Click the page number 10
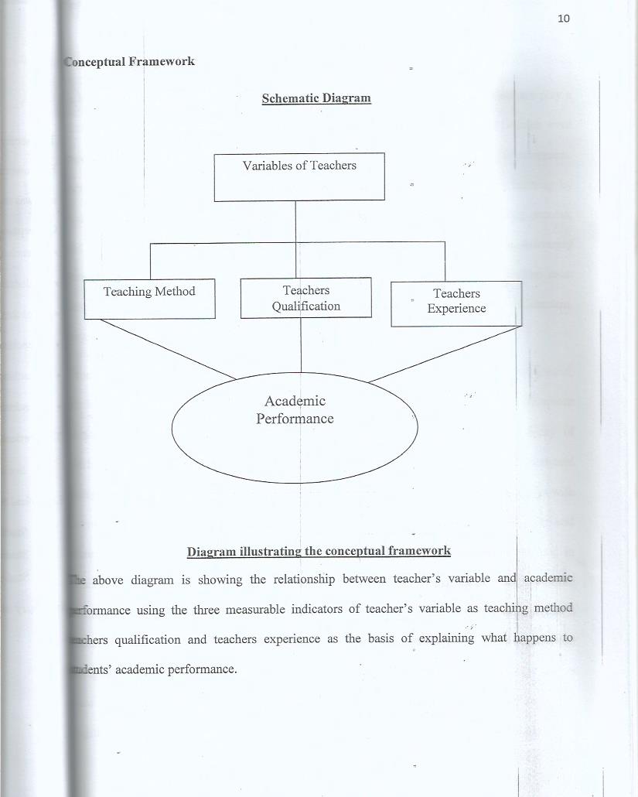[x=563, y=19]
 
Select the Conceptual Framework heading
[x=129, y=61]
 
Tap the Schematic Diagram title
[x=316, y=98]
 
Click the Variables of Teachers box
[x=299, y=177]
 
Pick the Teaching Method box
[x=149, y=298]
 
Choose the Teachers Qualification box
[x=305, y=298]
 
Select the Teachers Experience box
[x=456, y=303]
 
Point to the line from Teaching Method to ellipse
[x=168, y=349]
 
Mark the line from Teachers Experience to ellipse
[x=444, y=354]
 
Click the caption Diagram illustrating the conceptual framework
[x=319, y=551]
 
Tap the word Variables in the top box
[x=267, y=165]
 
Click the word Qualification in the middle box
[x=305, y=306]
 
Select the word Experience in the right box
[x=456, y=309]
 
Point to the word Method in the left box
[x=175, y=292]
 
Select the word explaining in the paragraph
[x=447, y=639]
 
